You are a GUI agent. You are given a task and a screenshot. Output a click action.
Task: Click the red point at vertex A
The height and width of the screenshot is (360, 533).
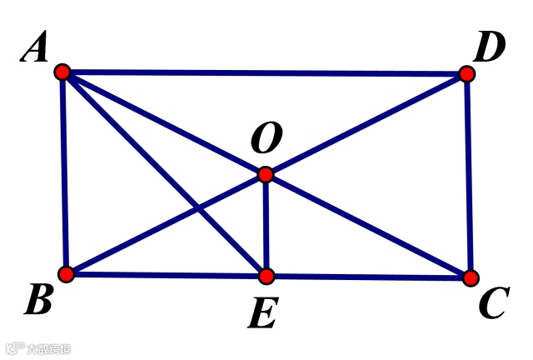62,72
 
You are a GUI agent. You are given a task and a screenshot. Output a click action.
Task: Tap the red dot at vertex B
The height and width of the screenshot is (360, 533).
66,273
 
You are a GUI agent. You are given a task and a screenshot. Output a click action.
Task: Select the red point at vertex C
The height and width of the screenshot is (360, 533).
471,277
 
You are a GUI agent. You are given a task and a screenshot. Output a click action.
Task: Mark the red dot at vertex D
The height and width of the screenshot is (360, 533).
466,74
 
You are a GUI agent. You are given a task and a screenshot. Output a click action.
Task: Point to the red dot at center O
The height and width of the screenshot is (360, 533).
265,174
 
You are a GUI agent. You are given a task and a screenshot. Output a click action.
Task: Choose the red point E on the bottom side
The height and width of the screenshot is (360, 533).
266,275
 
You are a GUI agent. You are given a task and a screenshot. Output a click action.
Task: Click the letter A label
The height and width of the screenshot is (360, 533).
35,51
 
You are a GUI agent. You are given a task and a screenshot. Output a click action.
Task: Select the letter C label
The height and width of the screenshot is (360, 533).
493,305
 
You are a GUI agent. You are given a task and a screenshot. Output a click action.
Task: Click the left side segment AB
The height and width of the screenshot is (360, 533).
63,175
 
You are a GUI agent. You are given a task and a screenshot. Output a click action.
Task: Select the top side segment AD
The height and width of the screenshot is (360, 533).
266,73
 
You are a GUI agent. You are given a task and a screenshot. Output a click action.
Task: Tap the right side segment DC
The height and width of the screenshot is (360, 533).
468,175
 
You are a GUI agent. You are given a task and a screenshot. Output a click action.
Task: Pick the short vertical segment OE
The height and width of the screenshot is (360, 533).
266,225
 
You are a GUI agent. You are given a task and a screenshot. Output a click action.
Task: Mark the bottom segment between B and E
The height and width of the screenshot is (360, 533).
167,274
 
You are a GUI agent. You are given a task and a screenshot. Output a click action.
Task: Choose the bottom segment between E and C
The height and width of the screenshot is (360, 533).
366,276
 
